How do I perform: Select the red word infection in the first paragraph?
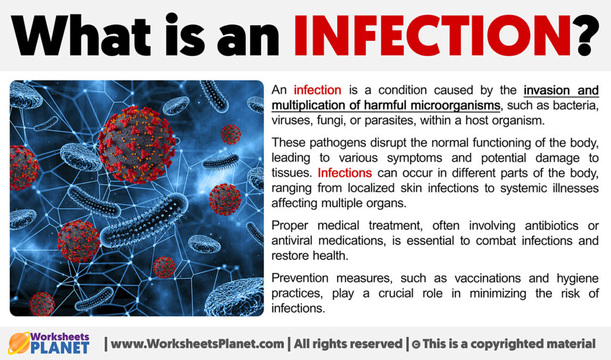(317, 91)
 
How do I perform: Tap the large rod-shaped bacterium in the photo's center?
(143, 221)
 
